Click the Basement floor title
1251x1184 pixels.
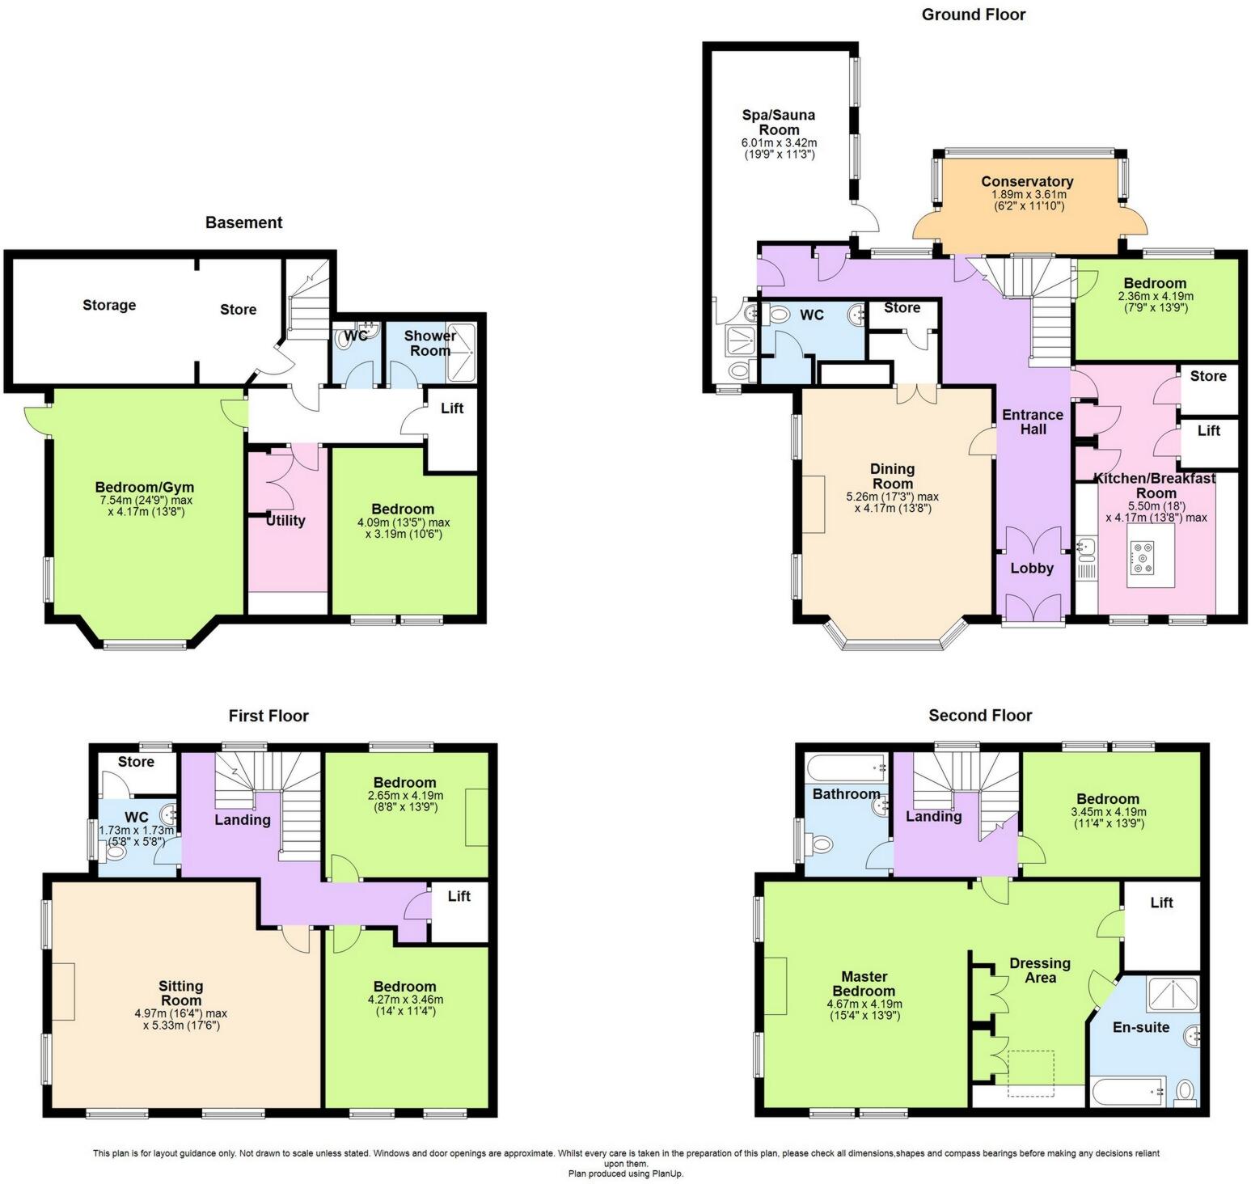243,222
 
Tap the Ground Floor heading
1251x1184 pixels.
973,15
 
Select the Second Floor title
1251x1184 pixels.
979,715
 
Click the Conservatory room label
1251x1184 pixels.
1027,182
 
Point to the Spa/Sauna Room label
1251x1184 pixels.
779,122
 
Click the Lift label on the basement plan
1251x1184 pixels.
452,408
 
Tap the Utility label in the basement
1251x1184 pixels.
285,520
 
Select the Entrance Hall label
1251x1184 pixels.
1033,422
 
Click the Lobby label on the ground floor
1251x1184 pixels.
1032,569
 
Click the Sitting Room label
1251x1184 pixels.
180,993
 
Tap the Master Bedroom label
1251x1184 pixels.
864,983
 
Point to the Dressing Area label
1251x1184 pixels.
1040,970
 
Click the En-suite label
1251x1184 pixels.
1141,1027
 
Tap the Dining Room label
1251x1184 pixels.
892,476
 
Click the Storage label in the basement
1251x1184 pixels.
109,305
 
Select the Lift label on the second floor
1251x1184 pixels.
1161,903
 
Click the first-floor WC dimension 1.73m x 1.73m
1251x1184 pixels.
136,831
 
